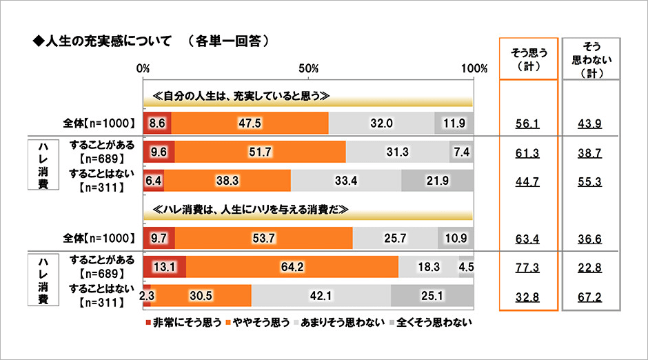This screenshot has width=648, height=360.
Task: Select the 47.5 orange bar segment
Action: coord(250,123)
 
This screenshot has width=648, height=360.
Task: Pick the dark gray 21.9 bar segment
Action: coord(437,181)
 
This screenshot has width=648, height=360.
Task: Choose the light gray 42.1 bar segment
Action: coord(321,295)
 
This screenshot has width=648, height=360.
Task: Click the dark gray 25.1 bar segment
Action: coord(432,295)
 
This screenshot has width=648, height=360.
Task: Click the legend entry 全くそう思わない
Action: coord(434,321)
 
